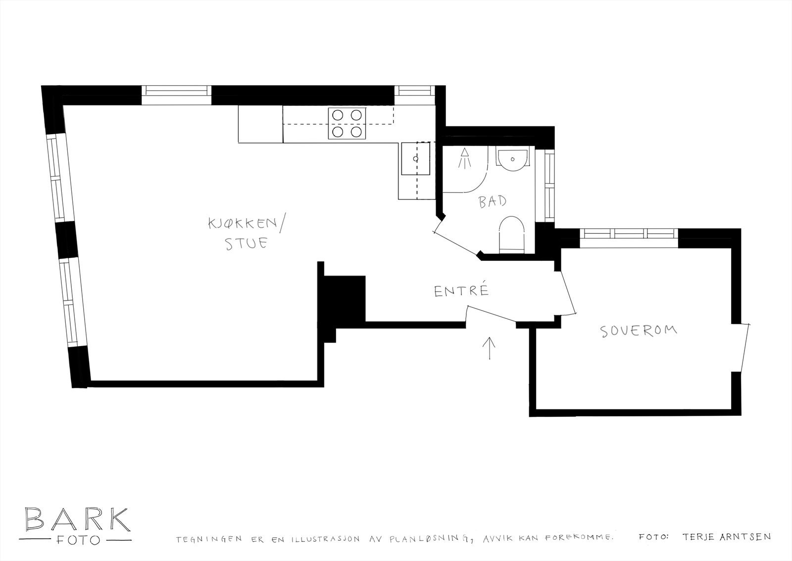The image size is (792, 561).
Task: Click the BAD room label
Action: pyautogui.click(x=493, y=201)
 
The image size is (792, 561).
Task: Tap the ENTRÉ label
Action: pyautogui.click(x=461, y=291)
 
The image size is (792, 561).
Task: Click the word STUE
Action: pyautogui.click(x=247, y=243)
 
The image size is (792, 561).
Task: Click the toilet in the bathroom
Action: pyautogui.click(x=511, y=235)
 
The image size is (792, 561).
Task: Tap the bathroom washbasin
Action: pyautogui.click(x=512, y=159)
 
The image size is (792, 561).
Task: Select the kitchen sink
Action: pyautogui.click(x=415, y=159)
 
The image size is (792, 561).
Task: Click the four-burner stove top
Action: pyautogui.click(x=346, y=123)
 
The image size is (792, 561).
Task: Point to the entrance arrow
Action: pyautogui.click(x=490, y=348)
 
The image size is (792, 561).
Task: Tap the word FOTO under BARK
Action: pyautogui.click(x=77, y=539)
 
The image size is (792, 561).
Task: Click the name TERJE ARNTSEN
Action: pyautogui.click(x=726, y=537)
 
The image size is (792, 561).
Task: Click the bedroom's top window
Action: pyautogui.click(x=629, y=234)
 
